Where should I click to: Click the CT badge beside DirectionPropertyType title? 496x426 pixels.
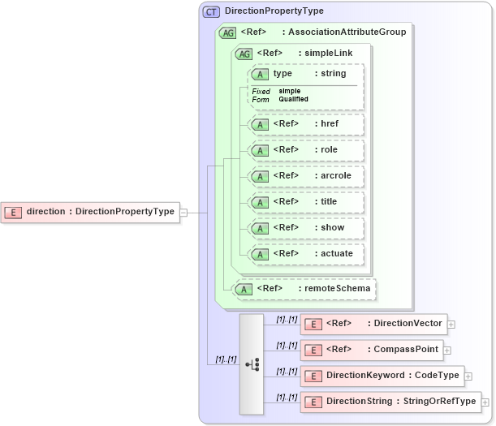[211, 11]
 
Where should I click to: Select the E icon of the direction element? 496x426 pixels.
[14, 212]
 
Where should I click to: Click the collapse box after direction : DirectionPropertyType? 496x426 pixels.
[183, 212]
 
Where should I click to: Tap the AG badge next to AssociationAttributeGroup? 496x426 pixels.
[228, 32]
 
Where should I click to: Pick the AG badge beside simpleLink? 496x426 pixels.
[244, 54]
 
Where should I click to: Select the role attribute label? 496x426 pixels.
[329, 149]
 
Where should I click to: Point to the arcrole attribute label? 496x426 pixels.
[335, 175]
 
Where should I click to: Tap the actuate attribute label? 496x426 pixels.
[336, 253]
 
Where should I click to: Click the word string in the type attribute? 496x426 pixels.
[333, 74]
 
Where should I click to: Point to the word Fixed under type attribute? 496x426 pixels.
[261, 91]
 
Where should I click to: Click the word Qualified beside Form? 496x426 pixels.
[294, 99]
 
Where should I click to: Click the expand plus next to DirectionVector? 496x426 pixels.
[451, 324]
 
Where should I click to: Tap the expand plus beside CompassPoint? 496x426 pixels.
[447, 350]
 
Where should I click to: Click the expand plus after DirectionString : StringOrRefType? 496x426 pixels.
[485, 402]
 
